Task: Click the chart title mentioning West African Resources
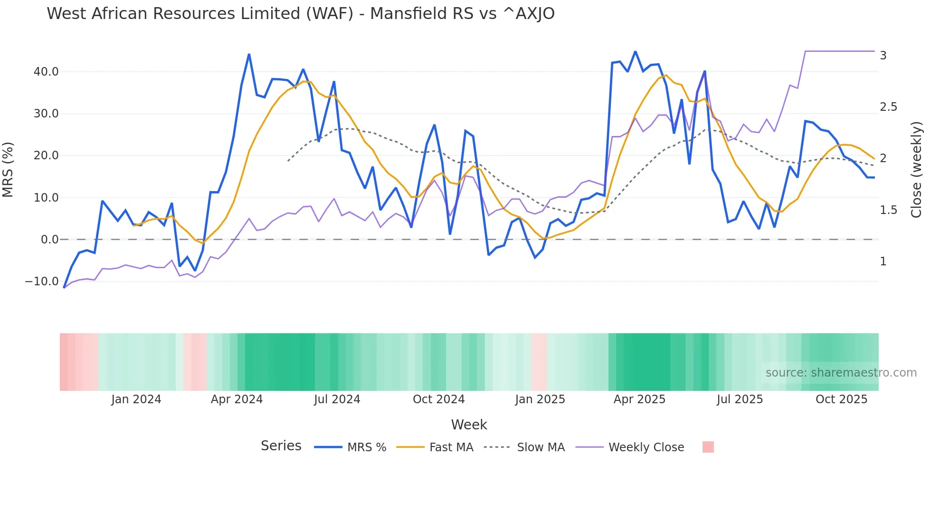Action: [300, 14]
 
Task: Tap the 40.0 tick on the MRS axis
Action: [46, 72]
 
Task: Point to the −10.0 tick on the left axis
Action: [42, 281]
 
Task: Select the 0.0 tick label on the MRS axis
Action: [49, 240]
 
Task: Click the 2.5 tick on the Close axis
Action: [888, 107]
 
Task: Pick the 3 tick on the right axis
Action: [883, 56]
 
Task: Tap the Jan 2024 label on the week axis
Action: [136, 399]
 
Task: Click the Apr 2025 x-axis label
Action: [639, 399]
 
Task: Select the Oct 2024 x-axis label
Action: [438, 399]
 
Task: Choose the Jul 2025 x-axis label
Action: [740, 399]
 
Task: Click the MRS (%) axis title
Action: [8, 170]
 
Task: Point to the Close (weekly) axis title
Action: [916, 170]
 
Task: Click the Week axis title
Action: [469, 425]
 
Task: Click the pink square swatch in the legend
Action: [708, 447]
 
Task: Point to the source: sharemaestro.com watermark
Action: [841, 373]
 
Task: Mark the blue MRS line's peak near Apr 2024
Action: [249, 55]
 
